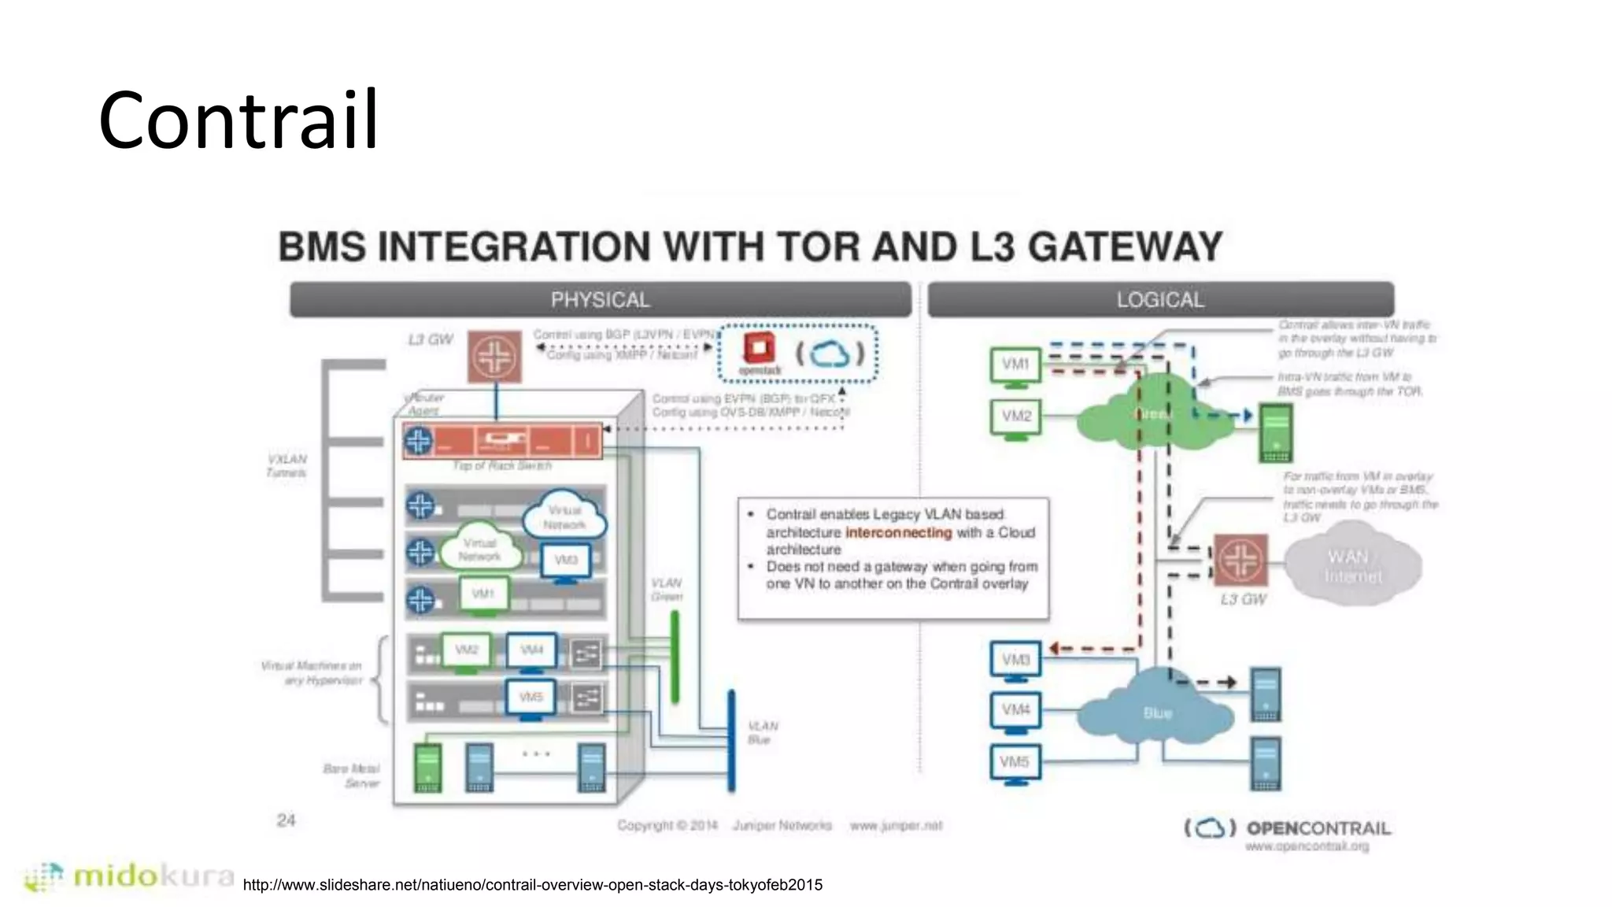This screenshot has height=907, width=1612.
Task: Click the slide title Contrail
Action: (238, 120)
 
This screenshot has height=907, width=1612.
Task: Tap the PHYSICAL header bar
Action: (600, 300)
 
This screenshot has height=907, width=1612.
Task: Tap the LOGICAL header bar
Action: (1160, 300)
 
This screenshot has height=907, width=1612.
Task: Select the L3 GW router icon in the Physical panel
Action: (494, 357)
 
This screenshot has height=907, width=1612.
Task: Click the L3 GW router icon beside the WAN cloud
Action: (1240, 560)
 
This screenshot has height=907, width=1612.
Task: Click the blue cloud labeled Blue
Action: (1155, 711)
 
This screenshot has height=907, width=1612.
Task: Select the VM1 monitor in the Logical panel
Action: (1015, 366)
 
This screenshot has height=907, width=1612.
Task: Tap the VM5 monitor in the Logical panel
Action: (1015, 764)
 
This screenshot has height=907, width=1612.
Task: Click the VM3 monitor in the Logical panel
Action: (1015, 661)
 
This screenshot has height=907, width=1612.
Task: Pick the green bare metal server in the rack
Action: (427, 767)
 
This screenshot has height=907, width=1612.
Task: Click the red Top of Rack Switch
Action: (502, 441)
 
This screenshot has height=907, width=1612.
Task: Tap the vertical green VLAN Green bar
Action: (675, 657)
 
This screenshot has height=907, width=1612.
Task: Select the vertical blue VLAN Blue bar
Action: (731, 740)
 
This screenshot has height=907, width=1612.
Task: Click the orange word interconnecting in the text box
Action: (898, 533)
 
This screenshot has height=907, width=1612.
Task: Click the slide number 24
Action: (286, 820)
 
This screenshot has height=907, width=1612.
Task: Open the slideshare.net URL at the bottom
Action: (532, 885)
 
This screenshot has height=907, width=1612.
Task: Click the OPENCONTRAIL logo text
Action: (1318, 828)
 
